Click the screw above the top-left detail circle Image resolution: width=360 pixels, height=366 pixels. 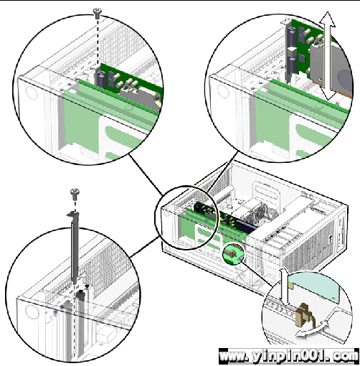[98, 13]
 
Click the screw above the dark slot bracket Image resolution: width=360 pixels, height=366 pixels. [75, 194]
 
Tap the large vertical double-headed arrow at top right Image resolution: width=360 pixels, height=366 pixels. [328, 55]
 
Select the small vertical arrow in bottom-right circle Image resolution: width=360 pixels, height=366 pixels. [285, 287]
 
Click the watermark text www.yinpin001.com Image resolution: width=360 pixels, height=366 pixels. [289, 356]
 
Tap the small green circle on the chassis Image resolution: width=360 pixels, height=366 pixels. [233, 253]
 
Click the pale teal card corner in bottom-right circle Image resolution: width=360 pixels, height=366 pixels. [314, 286]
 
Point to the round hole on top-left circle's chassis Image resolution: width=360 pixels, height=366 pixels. [32, 93]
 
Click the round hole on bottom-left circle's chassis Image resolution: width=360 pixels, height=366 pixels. [31, 312]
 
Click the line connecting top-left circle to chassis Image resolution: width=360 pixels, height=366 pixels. [146, 174]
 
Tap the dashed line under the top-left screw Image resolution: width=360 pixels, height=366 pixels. [98, 41]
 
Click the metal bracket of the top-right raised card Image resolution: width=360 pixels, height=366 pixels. [288, 51]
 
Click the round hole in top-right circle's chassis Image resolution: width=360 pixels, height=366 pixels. [223, 91]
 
